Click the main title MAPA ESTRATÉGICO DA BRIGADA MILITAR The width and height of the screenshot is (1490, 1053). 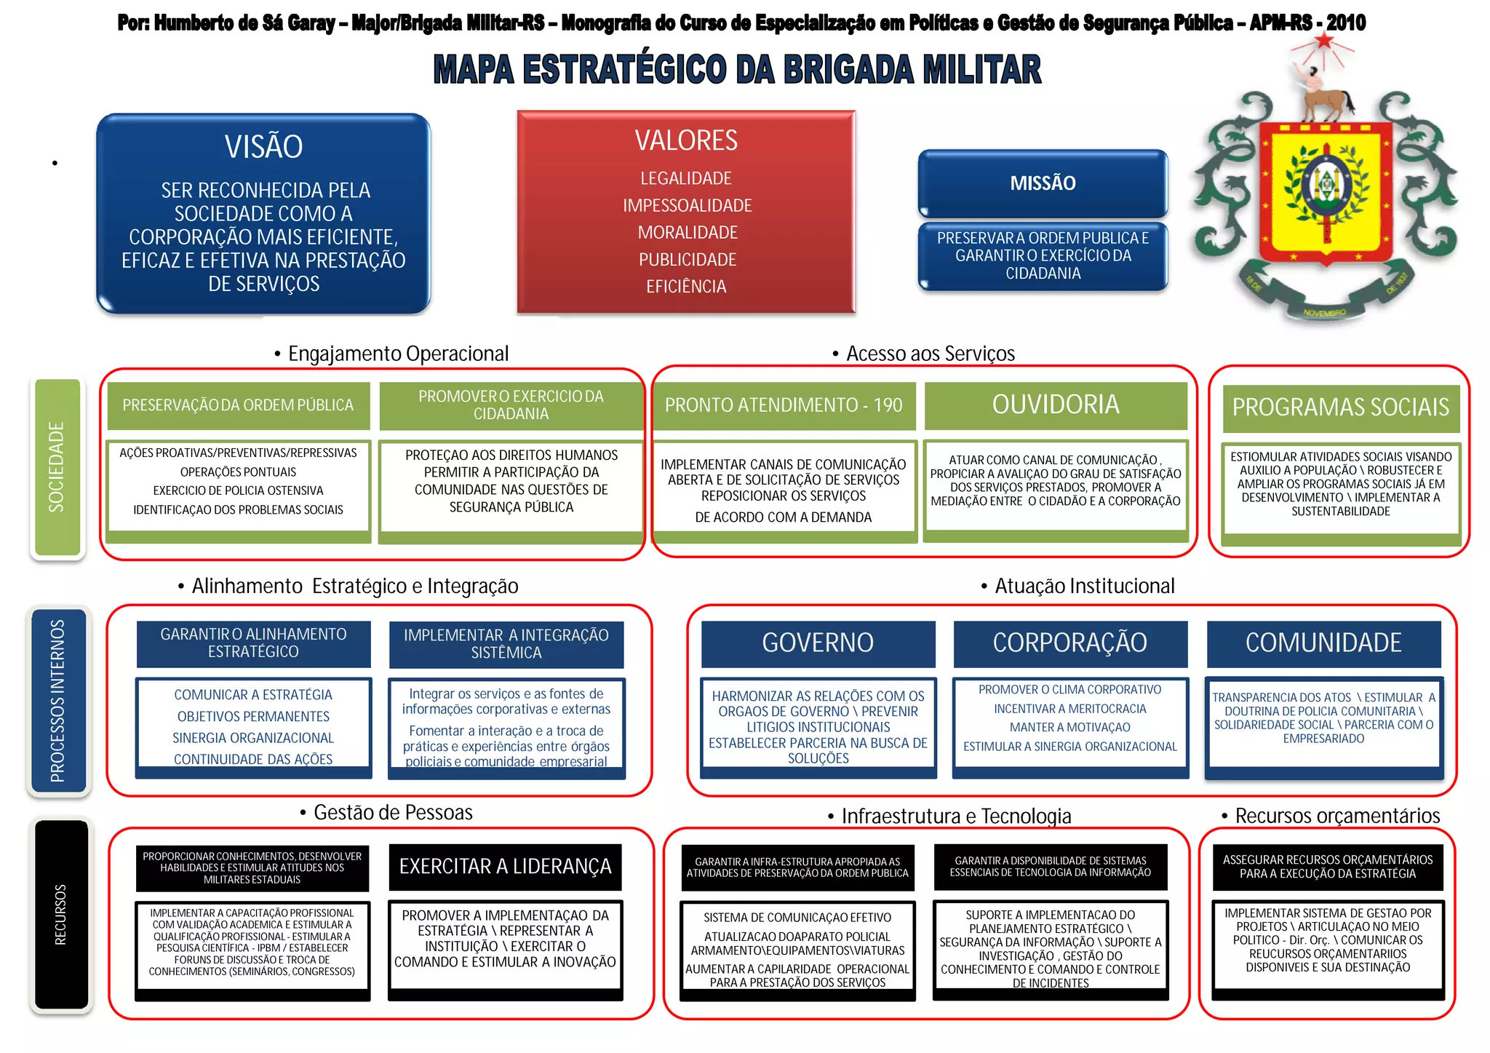click(737, 71)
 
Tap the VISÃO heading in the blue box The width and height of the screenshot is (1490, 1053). click(263, 147)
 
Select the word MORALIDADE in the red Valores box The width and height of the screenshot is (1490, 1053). click(688, 233)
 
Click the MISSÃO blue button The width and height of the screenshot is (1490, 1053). click(1043, 183)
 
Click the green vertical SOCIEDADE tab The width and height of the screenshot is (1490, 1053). click(57, 467)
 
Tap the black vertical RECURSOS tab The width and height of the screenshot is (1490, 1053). click(61, 915)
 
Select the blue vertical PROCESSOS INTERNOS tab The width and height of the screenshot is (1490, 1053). click(58, 701)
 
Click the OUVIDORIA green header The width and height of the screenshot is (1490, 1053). click(1056, 405)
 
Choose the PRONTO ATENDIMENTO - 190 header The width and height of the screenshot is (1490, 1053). click(784, 405)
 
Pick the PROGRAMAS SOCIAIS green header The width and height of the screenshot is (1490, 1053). click(1341, 408)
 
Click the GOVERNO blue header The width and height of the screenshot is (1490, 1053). click(818, 643)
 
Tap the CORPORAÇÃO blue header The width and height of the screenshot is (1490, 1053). click(1070, 643)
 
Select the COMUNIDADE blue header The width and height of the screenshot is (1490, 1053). click(1323, 643)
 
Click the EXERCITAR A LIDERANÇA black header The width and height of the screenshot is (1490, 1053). click(506, 867)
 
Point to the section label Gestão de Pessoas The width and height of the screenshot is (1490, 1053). click(393, 813)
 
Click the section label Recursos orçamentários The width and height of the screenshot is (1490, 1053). click(1337, 816)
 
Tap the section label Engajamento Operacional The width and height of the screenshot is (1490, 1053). click(398, 354)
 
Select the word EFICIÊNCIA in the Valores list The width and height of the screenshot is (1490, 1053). click(686, 287)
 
